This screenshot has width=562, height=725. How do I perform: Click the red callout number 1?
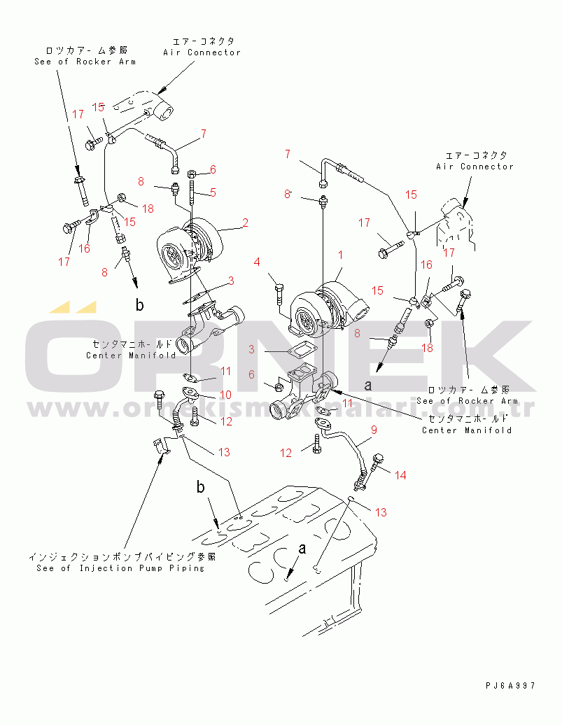click(341, 255)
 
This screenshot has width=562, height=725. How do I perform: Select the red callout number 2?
click(246, 224)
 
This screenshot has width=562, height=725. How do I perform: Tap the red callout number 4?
click(257, 262)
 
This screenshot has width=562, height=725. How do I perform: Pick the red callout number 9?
click(374, 429)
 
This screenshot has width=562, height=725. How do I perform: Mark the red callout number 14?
click(400, 475)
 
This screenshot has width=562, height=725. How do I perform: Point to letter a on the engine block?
click(302, 550)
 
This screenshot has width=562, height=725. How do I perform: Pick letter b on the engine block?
click(200, 487)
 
